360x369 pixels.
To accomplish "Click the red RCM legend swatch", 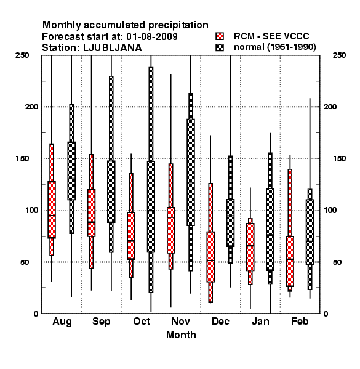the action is (x=220, y=36).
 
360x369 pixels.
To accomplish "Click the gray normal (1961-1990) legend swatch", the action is (x=220, y=47).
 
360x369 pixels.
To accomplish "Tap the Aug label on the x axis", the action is (x=62, y=322).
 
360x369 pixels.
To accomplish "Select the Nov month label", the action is (x=180, y=321).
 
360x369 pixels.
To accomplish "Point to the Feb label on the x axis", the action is (x=300, y=321).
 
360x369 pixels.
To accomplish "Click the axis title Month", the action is (x=181, y=335).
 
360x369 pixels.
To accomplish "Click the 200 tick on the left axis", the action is (x=31, y=106).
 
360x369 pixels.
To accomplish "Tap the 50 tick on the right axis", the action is (x=337, y=262).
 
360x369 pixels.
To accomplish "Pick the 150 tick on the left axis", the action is (x=22, y=159).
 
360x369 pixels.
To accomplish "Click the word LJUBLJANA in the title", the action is (x=113, y=48).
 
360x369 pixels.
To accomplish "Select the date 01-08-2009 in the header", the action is (x=152, y=37).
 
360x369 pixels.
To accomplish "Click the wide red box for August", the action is (x=52, y=210).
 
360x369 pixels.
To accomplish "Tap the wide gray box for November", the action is (x=191, y=172).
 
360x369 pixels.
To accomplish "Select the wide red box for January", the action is (x=250, y=247).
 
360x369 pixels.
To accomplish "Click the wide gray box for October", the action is (x=151, y=207).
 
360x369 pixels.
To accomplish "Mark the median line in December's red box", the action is (x=210, y=261).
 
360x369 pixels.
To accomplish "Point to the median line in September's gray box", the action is (x=111, y=192).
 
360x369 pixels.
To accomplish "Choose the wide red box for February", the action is (x=290, y=261).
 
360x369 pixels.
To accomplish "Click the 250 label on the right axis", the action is (x=339, y=55).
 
